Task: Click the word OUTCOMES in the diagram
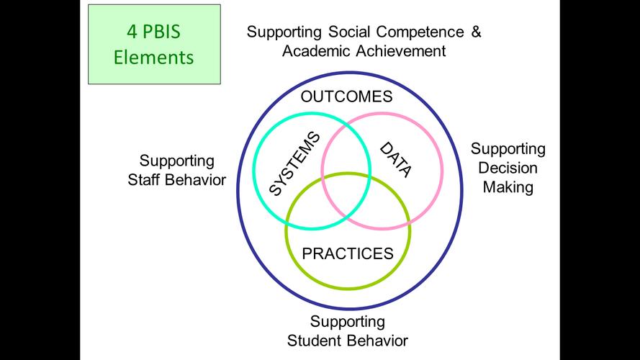[x=347, y=97]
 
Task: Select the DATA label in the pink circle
[x=395, y=160]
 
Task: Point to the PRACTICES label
[x=348, y=253]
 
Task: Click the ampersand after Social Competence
[x=475, y=32]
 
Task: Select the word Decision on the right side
[x=509, y=168]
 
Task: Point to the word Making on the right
[x=508, y=187]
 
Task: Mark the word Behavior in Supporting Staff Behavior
[x=196, y=179]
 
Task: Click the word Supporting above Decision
[x=508, y=149]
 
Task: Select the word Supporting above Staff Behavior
[x=177, y=160]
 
